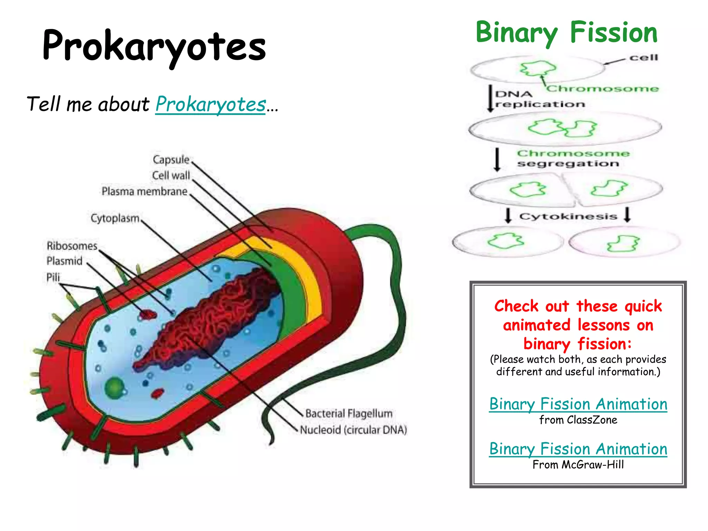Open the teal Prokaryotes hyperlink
coord(211,104)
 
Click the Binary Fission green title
coord(566,32)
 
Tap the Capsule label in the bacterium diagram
coord(171,160)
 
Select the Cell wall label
coord(171,176)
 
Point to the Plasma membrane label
coord(145,191)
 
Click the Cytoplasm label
coord(115,218)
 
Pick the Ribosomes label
coord(72,246)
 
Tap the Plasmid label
coord(64,261)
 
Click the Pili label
coord(53,277)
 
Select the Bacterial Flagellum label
coord(348,413)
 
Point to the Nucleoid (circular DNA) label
coord(353,430)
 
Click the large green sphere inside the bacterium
coord(114,387)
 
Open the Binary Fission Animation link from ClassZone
coord(578,404)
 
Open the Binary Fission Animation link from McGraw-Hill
coord(578,449)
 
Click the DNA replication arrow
coord(490,99)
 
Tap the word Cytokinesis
coord(568,216)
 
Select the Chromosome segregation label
coord(572,158)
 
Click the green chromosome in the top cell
coord(538,68)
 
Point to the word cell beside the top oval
coord(643,57)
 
